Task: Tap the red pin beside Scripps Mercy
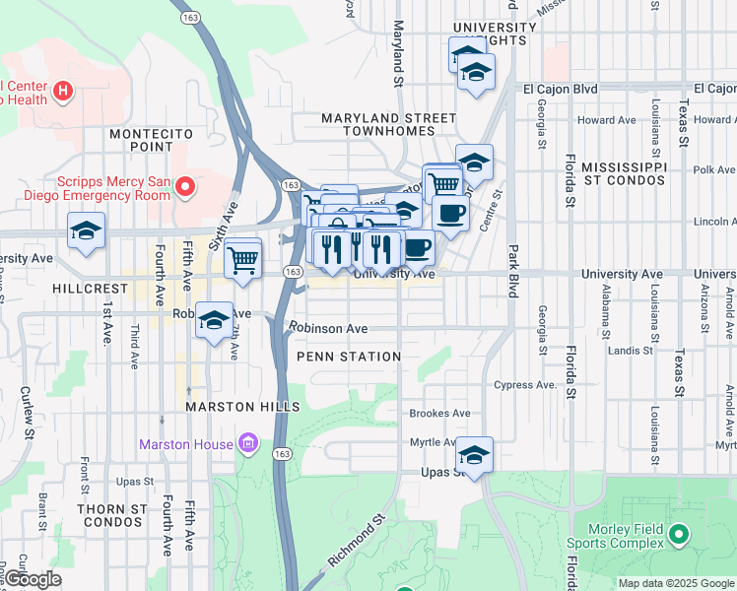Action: [185, 185]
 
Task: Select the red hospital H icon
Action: [64, 93]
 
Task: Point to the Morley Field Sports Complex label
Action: [615, 536]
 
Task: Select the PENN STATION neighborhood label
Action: [348, 357]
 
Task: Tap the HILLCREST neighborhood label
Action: [91, 289]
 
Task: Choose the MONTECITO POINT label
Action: [142, 139]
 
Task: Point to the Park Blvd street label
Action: [513, 271]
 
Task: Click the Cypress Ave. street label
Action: [527, 385]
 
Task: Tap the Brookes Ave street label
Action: [439, 414]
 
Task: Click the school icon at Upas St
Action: [474, 456]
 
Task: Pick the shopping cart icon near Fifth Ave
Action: [242, 260]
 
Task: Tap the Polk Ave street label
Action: [713, 169]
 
